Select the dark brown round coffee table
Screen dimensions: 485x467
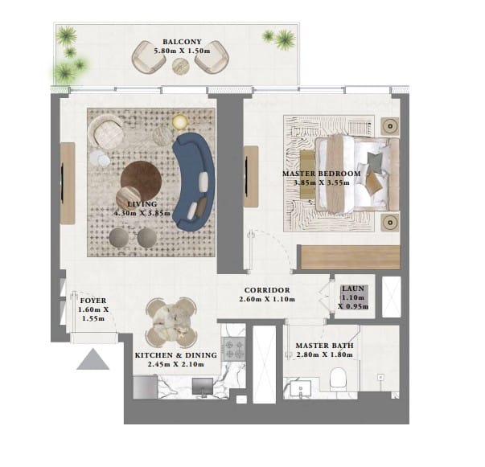click(141, 181)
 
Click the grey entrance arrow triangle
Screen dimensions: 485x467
click(92, 359)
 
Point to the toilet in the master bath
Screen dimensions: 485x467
click(339, 379)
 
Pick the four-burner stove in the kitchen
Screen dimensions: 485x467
click(234, 349)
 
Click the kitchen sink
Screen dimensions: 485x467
click(203, 387)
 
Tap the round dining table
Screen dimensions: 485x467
click(171, 322)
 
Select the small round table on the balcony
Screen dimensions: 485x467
click(181, 66)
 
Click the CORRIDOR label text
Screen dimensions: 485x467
click(267, 290)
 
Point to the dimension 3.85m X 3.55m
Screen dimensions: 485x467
click(322, 182)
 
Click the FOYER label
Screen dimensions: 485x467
click(93, 301)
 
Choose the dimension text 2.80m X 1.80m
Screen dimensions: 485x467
click(324, 354)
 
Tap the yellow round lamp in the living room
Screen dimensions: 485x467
click(179, 121)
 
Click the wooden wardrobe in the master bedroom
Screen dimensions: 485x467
click(350, 257)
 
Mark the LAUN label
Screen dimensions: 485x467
click(353, 289)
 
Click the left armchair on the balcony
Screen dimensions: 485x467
click(148, 58)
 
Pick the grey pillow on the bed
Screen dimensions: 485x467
click(375, 162)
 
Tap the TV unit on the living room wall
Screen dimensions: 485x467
click(68, 183)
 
